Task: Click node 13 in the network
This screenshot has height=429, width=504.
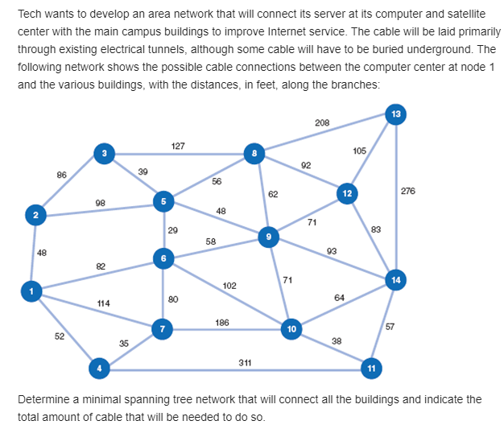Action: tap(395, 114)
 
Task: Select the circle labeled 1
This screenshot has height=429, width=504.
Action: tap(31, 291)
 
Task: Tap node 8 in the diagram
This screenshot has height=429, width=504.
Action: tap(254, 153)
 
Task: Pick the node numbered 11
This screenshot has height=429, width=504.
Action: tap(371, 368)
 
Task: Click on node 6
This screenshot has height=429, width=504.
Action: tap(163, 258)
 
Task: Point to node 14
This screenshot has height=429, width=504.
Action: tap(395, 280)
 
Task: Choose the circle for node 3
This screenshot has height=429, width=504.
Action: tap(103, 152)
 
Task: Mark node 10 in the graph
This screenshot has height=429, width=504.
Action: tap(291, 328)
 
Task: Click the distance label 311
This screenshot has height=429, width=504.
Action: tap(245, 362)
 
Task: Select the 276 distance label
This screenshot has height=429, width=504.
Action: tap(407, 191)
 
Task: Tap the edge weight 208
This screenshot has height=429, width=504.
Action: tap(322, 122)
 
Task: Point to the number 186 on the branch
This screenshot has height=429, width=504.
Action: tap(222, 322)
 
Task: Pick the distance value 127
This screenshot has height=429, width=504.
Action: tap(179, 146)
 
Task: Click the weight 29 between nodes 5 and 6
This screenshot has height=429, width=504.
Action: tap(173, 230)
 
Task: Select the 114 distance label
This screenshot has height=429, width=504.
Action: tap(103, 303)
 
